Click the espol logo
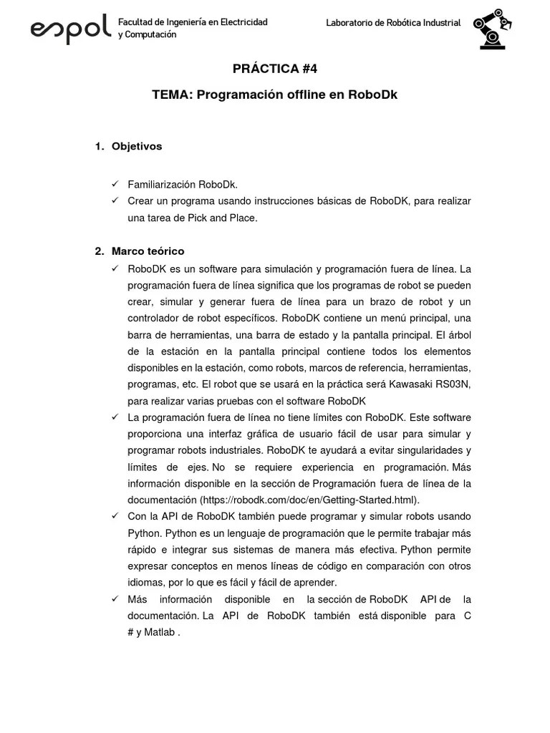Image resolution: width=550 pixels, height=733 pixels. [70, 29]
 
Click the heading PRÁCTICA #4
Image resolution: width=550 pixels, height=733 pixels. [274, 69]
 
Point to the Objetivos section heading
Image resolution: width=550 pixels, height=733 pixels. [137, 146]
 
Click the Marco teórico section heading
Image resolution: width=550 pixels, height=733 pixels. [148, 251]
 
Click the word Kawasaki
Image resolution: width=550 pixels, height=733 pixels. [406, 384]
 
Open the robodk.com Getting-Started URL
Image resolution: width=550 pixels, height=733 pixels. [309, 500]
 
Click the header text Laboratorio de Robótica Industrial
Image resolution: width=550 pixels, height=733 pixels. [393, 23]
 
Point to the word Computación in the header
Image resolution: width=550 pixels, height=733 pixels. [150, 34]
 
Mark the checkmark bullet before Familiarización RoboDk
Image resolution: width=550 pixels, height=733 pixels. [115, 185]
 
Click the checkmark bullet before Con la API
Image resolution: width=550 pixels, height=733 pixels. [115, 516]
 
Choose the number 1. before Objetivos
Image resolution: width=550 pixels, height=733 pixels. [99, 146]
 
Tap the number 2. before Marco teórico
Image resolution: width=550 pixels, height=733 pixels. [99, 251]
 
